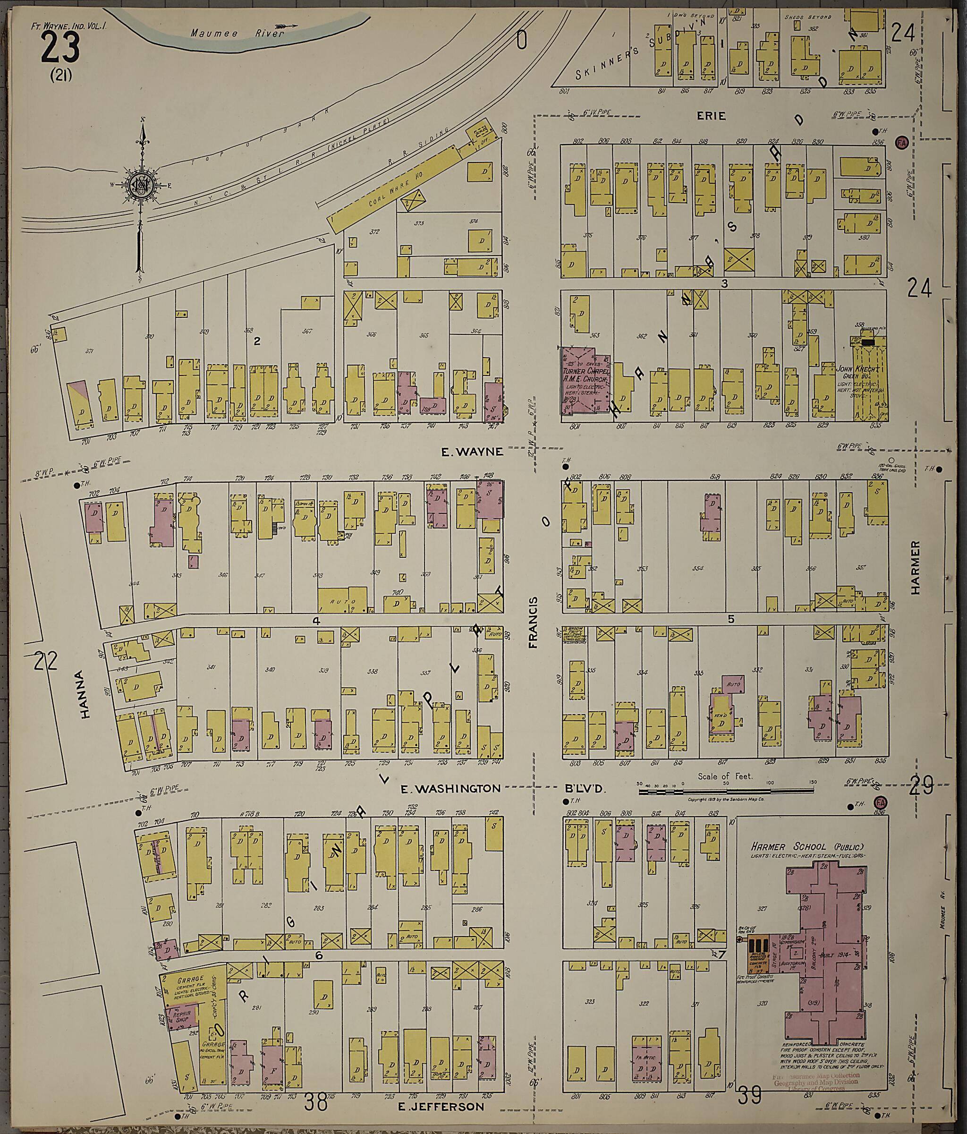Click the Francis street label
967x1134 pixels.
pyautogui.click(x=534, y=623)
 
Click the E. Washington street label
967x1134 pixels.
pyautogui.click(x=450, y=789)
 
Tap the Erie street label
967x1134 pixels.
pyautogui.click(x=711, y=116)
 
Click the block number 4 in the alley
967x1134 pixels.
pyautogui.click(x=316, y=621)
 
